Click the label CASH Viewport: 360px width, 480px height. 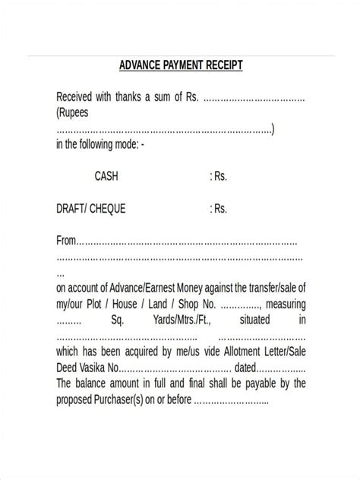(x=106, y=176)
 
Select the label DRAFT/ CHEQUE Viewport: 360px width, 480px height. (x=90, y=208)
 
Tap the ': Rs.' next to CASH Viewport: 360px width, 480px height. (x=218, y=176)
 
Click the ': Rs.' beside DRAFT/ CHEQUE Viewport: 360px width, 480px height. (x=218, y=208)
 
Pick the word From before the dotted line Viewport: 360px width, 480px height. (x=67, y=241)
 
